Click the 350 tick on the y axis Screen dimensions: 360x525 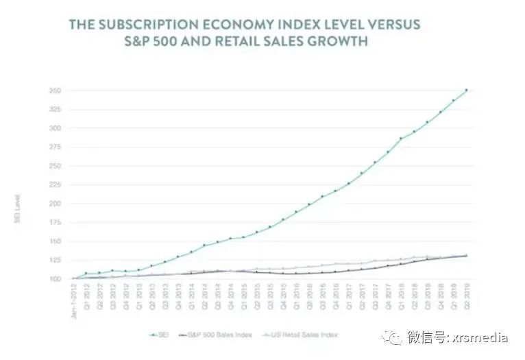point(55,91)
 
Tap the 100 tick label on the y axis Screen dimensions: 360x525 point(55,279)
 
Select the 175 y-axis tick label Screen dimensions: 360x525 point(55,223)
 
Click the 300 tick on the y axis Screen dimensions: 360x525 point(55,129)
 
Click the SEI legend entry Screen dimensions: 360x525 point(160,335)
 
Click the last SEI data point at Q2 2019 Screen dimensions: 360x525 point(466,90)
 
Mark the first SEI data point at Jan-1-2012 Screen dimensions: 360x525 point(72,278)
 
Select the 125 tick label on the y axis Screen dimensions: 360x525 point(55,261)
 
